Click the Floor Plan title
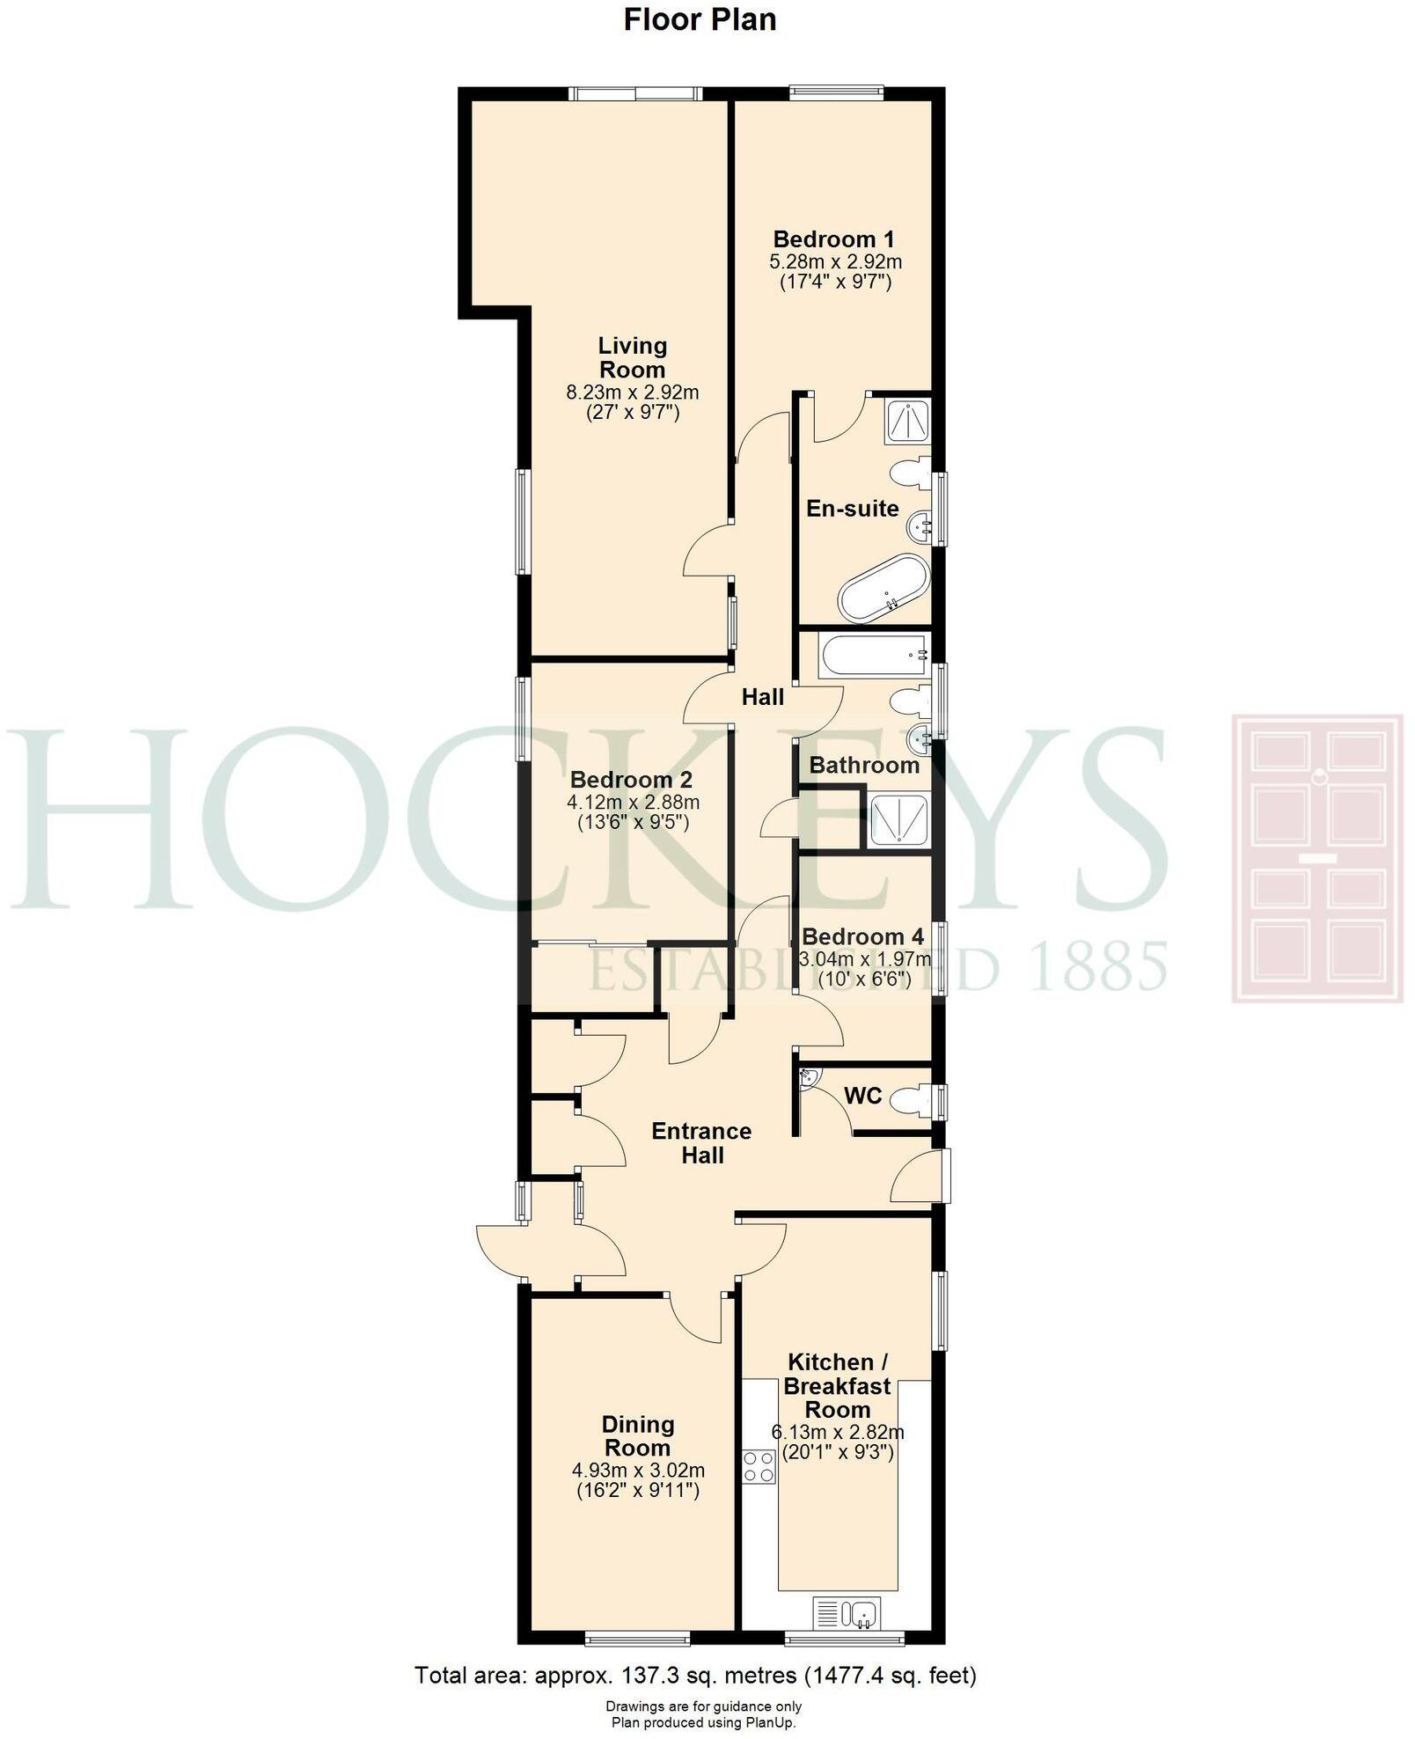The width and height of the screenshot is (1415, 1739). coord(700,19)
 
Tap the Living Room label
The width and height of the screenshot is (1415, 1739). coord(632,357)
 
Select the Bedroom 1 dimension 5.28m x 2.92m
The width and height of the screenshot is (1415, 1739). coord(835,261)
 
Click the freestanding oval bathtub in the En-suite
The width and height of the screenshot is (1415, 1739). coord(883,587)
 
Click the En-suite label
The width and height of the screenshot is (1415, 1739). coord(852,509)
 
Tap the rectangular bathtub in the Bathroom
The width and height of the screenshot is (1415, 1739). coord(872,656)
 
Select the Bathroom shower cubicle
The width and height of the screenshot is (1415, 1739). coord(898,820)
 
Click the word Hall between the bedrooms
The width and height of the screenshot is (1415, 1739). coord(762,698)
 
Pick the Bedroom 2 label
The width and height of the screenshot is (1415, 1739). coord(631,780)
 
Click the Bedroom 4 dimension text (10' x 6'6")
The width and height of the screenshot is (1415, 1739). coord(864,979)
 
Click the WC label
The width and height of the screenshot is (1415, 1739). coord(862,1096)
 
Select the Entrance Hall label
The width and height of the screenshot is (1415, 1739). coord(701,1143)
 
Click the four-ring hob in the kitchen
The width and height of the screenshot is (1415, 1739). coord(759,1467)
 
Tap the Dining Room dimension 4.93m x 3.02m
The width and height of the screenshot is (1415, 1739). coord(638,1470)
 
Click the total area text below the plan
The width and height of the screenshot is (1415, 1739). coord(695,1675)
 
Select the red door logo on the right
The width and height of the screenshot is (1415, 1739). coord(1316,859)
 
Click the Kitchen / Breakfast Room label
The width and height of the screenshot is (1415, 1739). coord(837,1386)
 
